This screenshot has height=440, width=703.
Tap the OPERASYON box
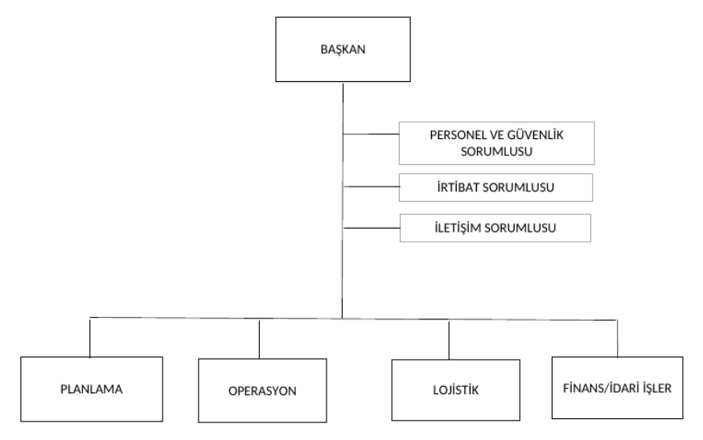click(x=261, y=392)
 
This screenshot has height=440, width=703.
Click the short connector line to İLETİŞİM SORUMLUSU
click(x=371, y=228)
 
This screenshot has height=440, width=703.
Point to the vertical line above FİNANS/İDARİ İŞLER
click(x=618, y=337)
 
